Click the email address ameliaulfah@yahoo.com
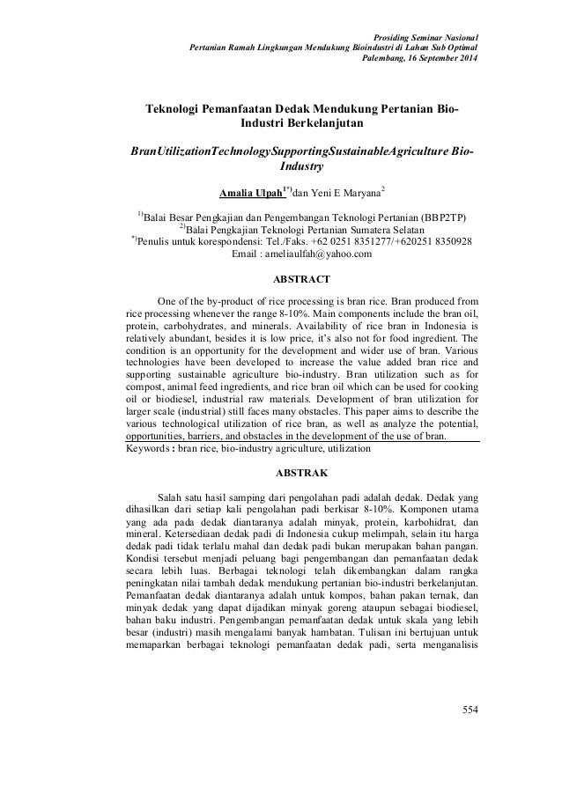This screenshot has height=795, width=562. pyautogui.click(x=300, y=255)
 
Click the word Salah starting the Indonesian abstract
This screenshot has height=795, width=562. pyautogui.click(x=170, y=497)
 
